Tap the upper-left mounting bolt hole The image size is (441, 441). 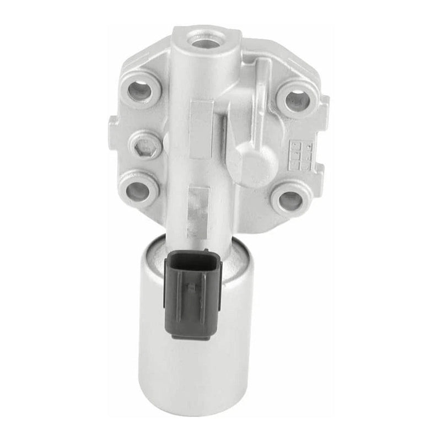141,90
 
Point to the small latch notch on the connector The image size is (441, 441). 191,287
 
